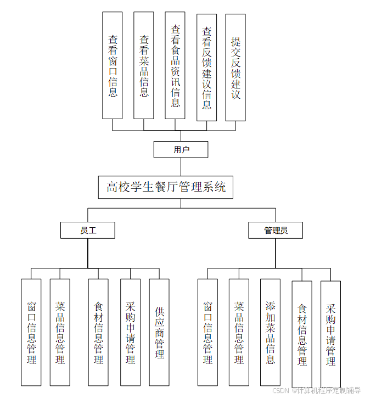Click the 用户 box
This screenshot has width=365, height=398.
pos(181,149)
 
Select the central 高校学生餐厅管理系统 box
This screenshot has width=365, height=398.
pos(166,187)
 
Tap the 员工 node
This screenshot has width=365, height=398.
pos(88,230)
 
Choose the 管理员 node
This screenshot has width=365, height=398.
pos(276,230)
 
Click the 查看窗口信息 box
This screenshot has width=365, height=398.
pos(113,65)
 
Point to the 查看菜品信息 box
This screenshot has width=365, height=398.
pos(144,65)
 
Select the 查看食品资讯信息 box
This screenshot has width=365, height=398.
pos(175,65)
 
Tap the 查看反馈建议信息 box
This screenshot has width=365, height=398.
pos(206,68)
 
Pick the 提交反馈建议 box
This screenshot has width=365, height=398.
pos(235,68)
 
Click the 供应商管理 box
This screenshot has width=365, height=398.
pos(159,332)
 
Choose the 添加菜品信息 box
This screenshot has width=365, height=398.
pos(270,332)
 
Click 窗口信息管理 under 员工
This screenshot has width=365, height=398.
pos(31,332)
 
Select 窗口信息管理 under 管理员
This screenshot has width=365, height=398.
pos(207,332)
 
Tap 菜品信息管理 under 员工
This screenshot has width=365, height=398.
pos(60,332)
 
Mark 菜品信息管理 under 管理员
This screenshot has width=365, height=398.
pos(239,332)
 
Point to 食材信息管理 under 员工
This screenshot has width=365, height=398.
pos(99,332)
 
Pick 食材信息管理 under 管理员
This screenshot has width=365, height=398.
pos(302,334)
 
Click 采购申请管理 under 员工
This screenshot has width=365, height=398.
pos(130,332)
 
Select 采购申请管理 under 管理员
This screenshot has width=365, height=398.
pos(330,334)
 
